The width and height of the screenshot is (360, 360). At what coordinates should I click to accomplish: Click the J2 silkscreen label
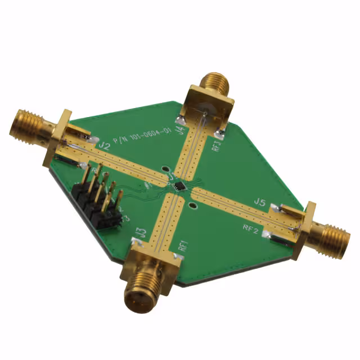103,145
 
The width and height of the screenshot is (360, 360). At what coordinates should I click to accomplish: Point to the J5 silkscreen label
259,201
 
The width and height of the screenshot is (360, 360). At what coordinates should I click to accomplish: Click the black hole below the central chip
194,206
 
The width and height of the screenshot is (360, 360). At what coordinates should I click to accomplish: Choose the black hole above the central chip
164,168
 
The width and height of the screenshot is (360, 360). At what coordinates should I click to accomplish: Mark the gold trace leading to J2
121,160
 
